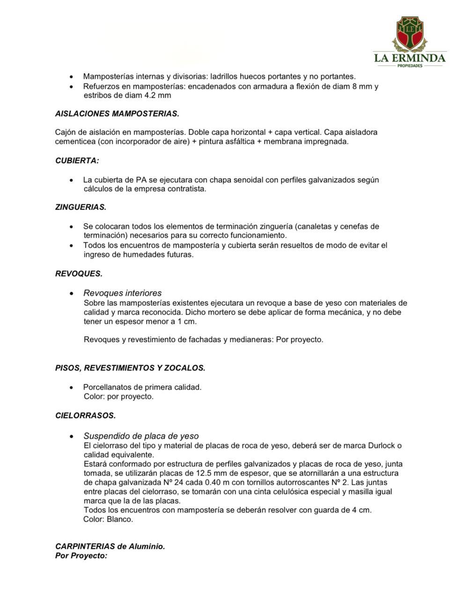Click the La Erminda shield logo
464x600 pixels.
(410, 33)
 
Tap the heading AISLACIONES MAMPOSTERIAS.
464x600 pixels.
(117, 113)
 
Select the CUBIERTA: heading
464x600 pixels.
(77, 161)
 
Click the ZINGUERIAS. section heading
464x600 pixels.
(81, 207)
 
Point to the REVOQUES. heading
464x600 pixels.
(79, 274)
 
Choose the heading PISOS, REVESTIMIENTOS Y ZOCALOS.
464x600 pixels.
(130, 368)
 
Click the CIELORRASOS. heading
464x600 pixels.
(85, 416)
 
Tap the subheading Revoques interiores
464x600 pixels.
(122, 293)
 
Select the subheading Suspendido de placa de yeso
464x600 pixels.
(141, 436)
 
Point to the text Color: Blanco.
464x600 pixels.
(108, 519)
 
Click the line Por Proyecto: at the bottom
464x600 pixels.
(81, 556)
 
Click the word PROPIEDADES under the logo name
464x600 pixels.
(410, 66)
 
